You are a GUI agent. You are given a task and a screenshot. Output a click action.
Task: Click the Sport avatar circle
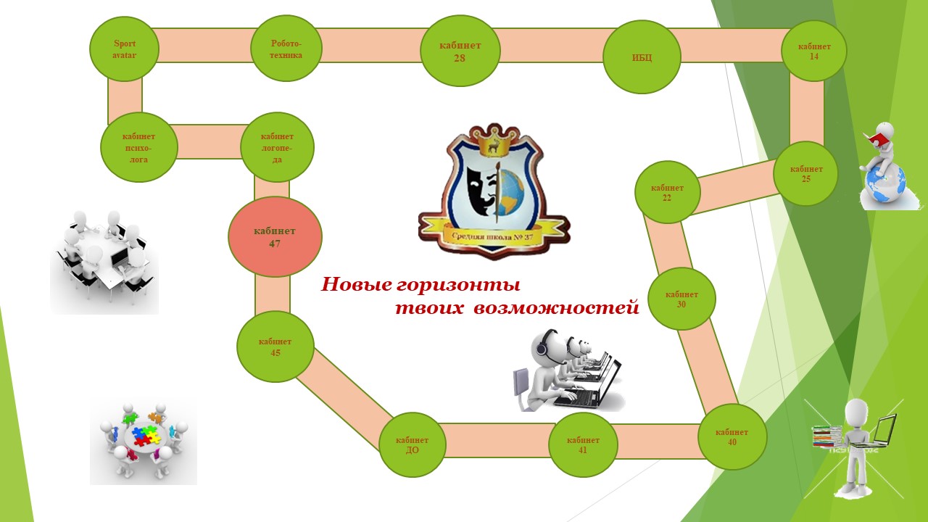[x=124, y=49]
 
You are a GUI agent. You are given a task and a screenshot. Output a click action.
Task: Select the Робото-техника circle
[x=286, y=49]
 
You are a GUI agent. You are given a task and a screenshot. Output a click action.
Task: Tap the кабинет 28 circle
[x=460, y=51]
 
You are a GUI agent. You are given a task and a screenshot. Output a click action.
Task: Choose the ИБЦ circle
[x=642, y=57]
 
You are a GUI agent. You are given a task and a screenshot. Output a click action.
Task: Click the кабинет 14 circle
[x=814, y=50]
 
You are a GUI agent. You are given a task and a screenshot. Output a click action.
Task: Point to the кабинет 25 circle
[x=805, y=173]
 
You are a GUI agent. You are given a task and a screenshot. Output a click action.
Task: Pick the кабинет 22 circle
[x=667, y=192]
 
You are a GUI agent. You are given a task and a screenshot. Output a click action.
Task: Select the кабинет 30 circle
[x=681, y=299]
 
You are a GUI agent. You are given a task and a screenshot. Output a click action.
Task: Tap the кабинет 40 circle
[x=732, y=436]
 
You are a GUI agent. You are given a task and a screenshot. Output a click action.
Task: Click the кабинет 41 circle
[x=583, y=444]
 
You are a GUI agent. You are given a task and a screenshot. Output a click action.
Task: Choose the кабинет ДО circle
[x=413, y=444]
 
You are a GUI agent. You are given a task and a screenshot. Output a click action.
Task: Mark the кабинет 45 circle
[x=275, y=347]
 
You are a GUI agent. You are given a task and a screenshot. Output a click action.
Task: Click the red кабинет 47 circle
[x=275, y=236]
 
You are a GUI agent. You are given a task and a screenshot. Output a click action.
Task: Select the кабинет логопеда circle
[x=277, y=147]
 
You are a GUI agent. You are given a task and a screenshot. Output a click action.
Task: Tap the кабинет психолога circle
[x=139, y=147]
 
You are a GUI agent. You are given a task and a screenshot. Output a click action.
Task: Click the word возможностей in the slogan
[x=556, y=308]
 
